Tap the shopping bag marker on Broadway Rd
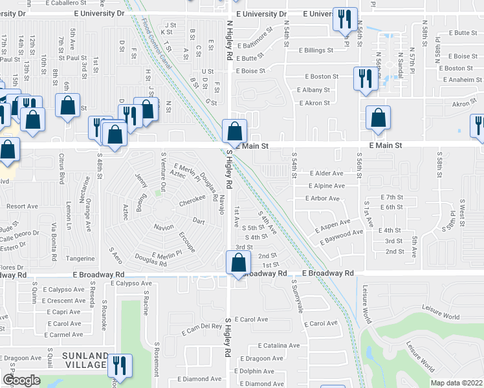pyautogui.click(x=238, y=263)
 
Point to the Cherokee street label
pyautogui.click(x=192, y=201)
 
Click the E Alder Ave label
pyautogui.click(x=327, y=173)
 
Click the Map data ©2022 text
pyautogui.click(x=457, y=383)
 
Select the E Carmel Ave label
pyautogui.click(x=65, y=334)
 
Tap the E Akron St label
pyautogui.click(x=313, y=102)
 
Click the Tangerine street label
pyautogui.click(x=82, y=258)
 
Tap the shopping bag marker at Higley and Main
pyautogui.click(x=234, y=131)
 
